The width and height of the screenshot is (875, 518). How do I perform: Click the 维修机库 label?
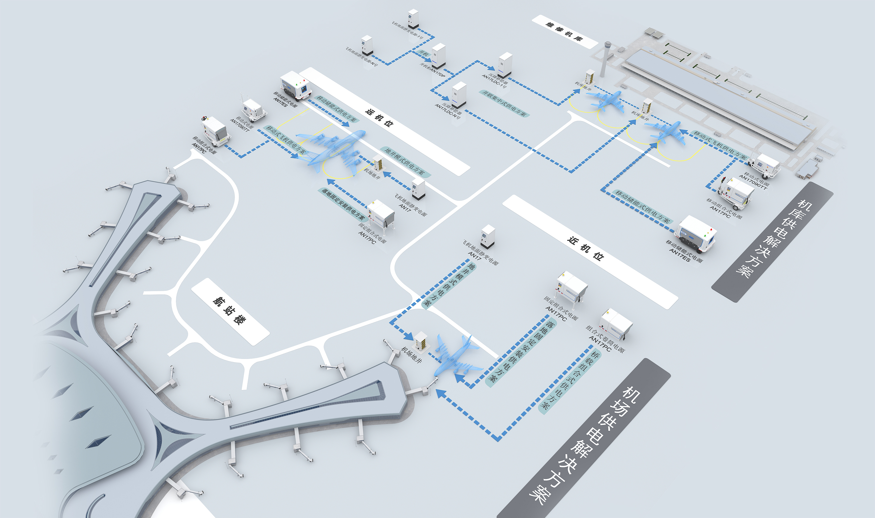(564, 32)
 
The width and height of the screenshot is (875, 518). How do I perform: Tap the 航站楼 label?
(230, 311)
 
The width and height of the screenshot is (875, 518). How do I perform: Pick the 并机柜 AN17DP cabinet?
(439, 56)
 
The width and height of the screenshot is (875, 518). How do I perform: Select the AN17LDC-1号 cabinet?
(505, 65)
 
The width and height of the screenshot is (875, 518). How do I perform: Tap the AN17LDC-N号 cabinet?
(459, 95)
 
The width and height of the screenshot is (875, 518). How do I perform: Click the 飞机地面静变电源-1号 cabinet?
(413, 19)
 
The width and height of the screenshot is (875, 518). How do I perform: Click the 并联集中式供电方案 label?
(504, 103)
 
